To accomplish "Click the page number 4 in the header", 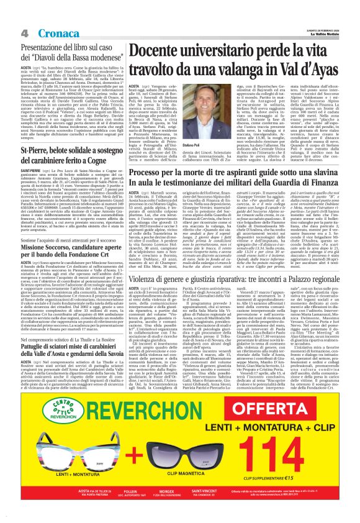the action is pos(22,32).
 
